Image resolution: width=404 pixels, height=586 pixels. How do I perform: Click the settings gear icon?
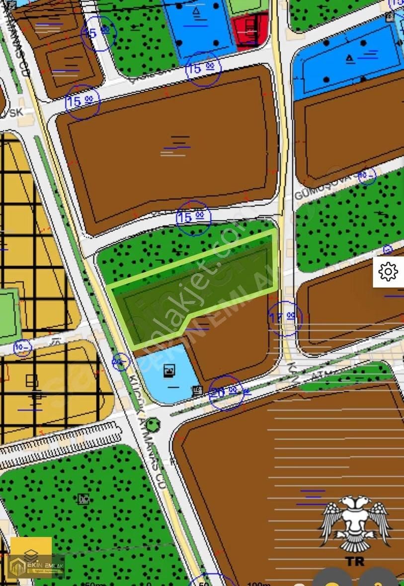pos(388,271)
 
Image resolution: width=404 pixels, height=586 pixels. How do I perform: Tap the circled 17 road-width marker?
pos(285,317)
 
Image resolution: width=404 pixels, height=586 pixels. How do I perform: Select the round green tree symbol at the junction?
pos(154,424)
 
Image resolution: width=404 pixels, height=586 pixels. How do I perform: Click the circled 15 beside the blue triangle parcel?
pos(203,68)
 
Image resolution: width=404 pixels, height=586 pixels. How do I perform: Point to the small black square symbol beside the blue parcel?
pos(197,390)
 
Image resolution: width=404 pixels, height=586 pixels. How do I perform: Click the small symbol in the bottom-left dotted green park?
pos(83,499)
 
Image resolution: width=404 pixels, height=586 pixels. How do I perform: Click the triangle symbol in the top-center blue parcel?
pos(196,11)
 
